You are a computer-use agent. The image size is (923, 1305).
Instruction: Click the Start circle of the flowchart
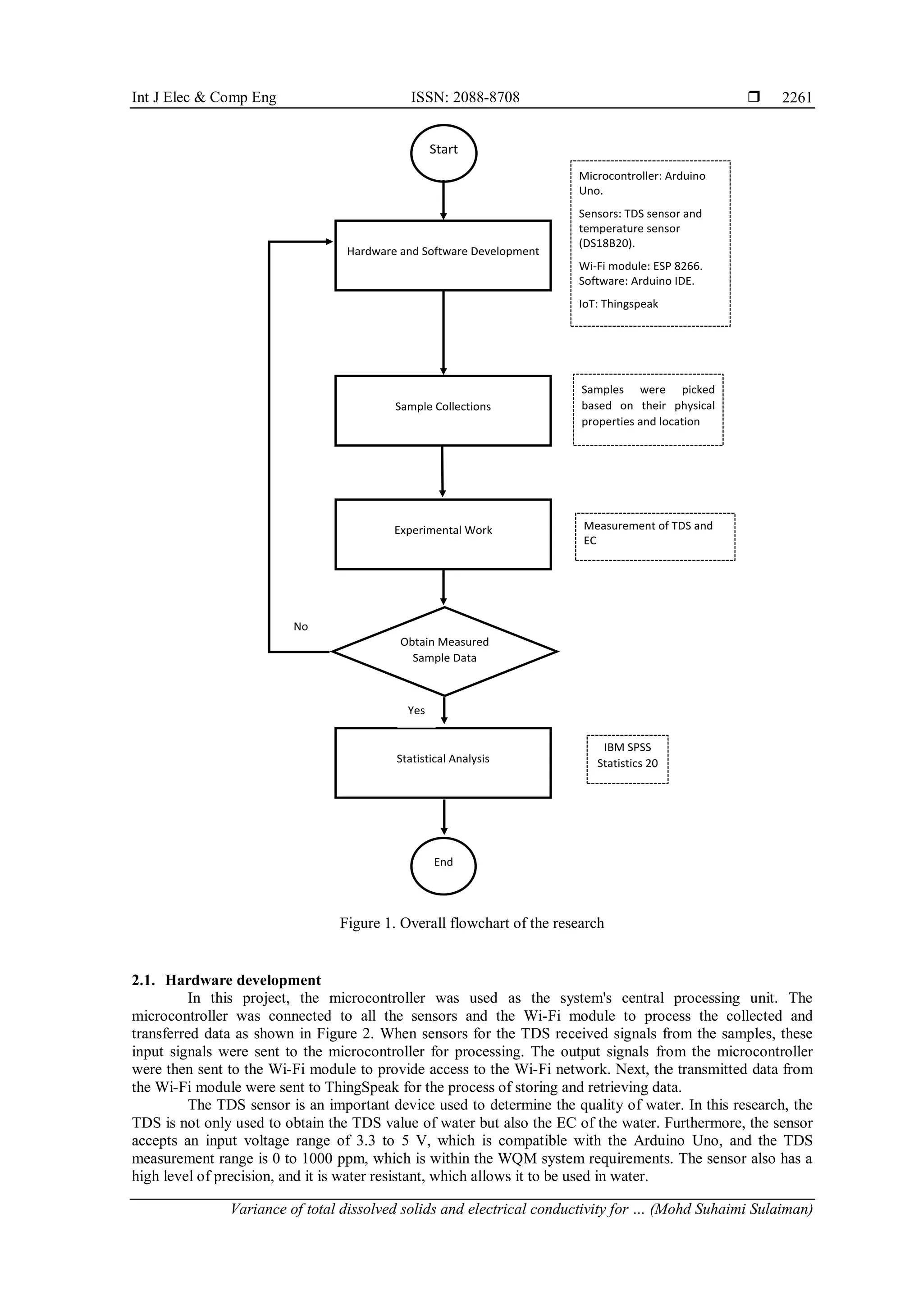pyautogui.click(x=443, y=153)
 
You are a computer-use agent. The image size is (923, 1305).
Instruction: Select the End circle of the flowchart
pyautogui.click(x=443, y=866)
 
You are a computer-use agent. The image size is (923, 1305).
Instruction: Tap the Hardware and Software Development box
pyautogui.click(x=443, y=255)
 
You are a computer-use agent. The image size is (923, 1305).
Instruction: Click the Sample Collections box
pyautogui.click(x=443, y=411)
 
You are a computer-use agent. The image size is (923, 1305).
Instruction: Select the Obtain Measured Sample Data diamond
pyautogui.click(x=444, y=651)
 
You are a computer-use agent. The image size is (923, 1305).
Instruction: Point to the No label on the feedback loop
pyautogui.click(x=301, y=626)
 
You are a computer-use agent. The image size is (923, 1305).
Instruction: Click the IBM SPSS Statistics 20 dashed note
pyautogui.click(x=627, y=759)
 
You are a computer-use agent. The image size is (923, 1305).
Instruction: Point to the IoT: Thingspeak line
pyautogui.click(x=618, y=304)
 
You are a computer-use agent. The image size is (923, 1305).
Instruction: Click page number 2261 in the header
pyautogui.click(x=797, y=97)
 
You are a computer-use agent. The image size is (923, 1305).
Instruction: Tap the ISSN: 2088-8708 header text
pyautogui.click(x=465, y=97)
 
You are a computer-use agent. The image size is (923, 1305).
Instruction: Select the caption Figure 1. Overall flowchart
pyautogui.click(x=472, y=923)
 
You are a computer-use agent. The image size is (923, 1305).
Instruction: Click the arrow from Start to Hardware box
pyautogui.click(x=443, y=201)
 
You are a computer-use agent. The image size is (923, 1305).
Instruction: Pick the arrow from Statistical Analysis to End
pyautogui.click(x=444, y=817)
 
